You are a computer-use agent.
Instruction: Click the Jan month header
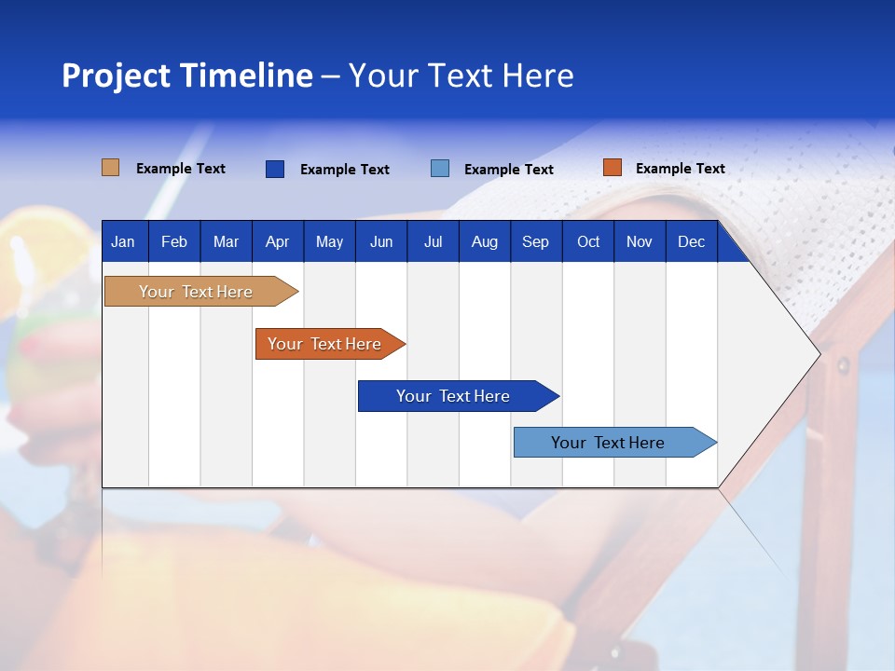(x=123, y=242)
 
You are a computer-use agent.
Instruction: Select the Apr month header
(x=278, y=242)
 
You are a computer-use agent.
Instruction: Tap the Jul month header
(x=433, y=242)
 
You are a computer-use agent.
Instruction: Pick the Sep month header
(x=535, y=242)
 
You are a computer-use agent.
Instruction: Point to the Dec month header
(x=691, y=242)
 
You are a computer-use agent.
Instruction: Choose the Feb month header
(x=174, y=242)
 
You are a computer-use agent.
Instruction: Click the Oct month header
(x=588, y=242)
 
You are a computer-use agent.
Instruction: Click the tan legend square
(x=111, y=168)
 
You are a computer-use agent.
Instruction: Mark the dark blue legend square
(x=275, y=169)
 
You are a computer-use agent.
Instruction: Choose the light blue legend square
(x=440, y=169)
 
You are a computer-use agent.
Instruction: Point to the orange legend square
(x=612, y=168)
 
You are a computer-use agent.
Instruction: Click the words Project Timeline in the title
(x=187, y=75)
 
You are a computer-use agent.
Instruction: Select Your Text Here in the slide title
(x=461, y=75)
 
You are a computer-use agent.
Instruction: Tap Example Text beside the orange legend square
(x=680, y=169)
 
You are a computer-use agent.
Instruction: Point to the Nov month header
(x=640, y=242)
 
